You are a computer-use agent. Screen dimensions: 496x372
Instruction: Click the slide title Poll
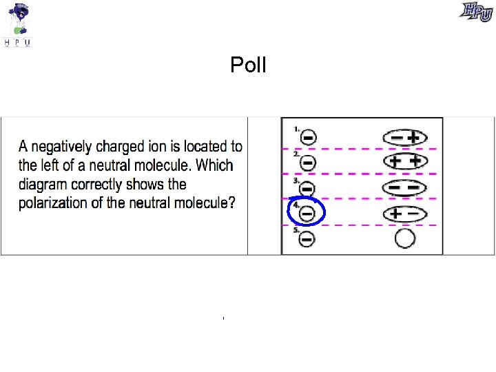[248, 65]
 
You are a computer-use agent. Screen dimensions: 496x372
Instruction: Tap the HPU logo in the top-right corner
[477, 12]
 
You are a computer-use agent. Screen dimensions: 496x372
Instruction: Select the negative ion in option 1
[308, 138]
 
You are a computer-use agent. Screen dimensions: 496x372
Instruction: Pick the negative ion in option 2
[308, 163]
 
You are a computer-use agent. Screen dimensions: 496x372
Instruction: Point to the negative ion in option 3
[308, 189]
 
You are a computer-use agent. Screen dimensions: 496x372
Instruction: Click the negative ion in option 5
[308, 239]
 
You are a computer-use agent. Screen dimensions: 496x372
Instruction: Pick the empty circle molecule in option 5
[405, 239]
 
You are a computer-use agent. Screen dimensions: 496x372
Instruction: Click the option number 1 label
[296, 128]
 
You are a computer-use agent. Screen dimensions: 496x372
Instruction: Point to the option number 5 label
[296, 230]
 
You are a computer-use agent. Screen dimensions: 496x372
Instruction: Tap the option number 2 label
[296, 154]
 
